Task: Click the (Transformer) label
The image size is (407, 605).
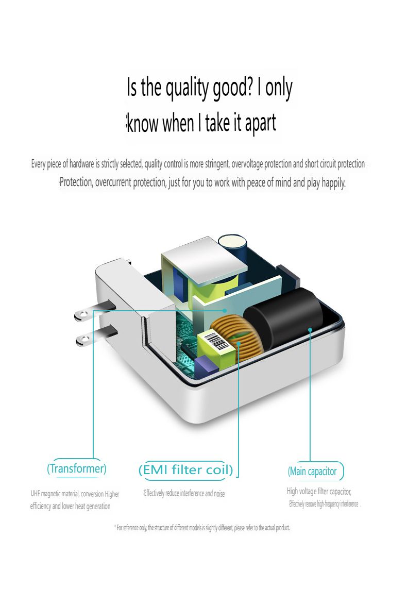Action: point(76,468)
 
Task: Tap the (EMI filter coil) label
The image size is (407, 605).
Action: point(185,469)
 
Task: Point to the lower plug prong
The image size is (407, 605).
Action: point(97,335)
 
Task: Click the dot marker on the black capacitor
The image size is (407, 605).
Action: point(310,329)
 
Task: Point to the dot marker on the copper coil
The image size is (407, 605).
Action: point(239,342)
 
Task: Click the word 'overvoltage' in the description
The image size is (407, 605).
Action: point(247,164)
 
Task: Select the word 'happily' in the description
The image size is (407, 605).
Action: point(333,182)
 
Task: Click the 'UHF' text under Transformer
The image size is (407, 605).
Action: point(35,494)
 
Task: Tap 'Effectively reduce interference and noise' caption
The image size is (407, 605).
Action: point(184,494)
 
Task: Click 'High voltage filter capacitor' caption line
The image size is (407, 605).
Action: point(319,492)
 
